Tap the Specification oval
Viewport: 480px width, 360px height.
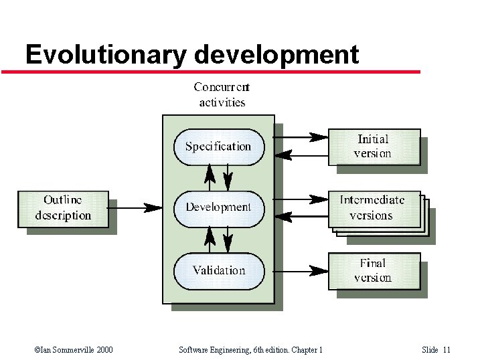point(218,147)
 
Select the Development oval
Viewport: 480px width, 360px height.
point(218,207)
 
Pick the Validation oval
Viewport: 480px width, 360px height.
point(218,270)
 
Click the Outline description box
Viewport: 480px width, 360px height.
point(63,208)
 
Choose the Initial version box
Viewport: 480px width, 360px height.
point(374,147)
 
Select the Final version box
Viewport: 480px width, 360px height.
point(374,270)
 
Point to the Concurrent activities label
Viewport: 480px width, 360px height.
point(222,94)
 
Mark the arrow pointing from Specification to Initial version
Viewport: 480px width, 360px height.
point(301,137)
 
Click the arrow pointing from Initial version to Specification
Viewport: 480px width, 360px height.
point(301,155)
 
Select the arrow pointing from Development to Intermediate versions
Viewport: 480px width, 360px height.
point(301,199)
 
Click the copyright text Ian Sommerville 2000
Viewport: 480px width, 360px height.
point(73,350)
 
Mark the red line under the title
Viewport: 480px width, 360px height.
point(214,72)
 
